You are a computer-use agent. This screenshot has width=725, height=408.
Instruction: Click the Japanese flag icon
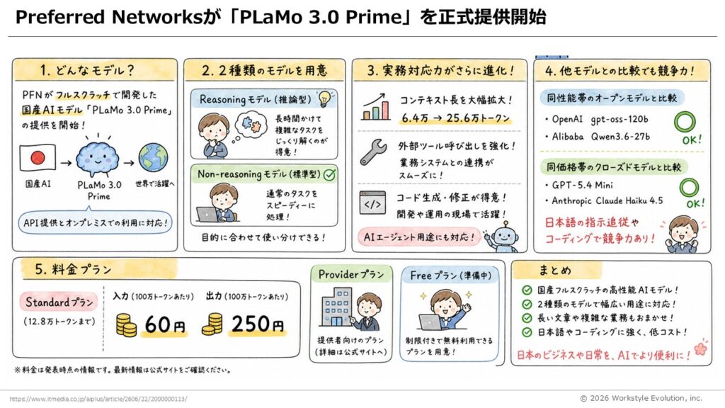(38, 158)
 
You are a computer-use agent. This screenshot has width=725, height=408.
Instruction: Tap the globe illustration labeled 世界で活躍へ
(154, 158)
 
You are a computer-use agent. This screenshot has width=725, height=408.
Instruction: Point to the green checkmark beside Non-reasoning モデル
(330, 174)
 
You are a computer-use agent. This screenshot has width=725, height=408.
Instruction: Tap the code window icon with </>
(372, 203)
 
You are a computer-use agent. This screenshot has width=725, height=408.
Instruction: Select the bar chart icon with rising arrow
(375, 107)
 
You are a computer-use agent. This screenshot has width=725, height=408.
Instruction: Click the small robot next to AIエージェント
(503, 237)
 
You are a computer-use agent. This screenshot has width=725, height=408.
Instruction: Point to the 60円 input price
(164, 324)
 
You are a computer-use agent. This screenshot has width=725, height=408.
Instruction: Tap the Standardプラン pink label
(59, 302)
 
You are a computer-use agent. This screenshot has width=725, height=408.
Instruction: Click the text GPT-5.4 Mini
(582, 185)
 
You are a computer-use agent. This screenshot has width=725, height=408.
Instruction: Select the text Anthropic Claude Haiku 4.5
(607, 200)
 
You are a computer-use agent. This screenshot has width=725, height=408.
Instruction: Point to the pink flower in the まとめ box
(700, 348)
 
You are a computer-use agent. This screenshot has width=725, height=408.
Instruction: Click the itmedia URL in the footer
(98, 399)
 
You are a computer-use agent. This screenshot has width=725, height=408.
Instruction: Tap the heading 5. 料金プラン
(74, 269)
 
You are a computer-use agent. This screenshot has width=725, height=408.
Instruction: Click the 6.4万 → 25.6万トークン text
(455, 118)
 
